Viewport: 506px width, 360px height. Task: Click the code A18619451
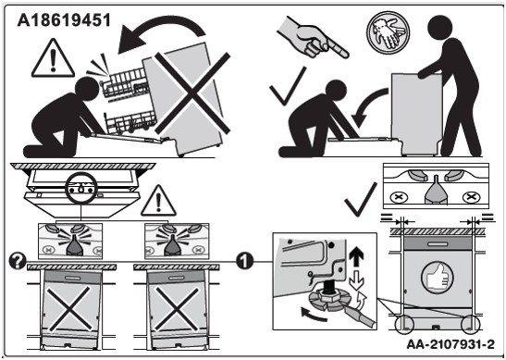point(64,20)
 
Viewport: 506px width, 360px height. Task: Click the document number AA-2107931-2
point(450,344)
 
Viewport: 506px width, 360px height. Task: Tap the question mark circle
point(18,261)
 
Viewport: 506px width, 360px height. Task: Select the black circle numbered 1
point(245,261)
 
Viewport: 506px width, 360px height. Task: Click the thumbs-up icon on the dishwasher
point(438,278)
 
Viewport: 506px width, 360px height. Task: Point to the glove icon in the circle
point(388,32)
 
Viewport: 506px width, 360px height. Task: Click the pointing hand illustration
point(312,36)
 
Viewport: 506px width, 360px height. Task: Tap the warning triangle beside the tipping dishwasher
point(54,58)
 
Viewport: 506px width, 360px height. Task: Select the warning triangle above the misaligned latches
point(158,201)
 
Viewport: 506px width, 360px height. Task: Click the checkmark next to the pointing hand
point(288,86)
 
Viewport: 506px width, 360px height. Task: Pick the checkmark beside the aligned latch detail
point(360,200)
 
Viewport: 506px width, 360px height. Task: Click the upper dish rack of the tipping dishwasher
point(124,83)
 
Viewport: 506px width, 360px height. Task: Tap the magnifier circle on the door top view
point(80,188)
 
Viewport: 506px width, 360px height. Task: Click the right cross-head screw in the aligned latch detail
point(471,196)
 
